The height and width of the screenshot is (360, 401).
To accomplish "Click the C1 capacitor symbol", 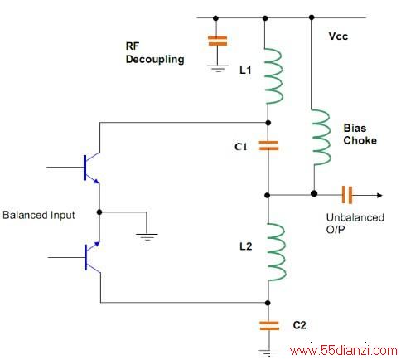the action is tap(268, 146).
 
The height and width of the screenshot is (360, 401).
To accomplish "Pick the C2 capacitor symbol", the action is tap(269, 326).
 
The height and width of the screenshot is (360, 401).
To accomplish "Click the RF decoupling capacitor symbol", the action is tap(217, 41).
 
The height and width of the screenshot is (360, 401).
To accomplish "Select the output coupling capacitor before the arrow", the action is tap(347, 195).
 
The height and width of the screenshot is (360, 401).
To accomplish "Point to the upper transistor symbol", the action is tap(92, 168).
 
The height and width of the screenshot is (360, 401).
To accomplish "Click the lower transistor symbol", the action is tap(92, 257).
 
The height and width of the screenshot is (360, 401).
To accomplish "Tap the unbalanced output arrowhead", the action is tap(379, 195).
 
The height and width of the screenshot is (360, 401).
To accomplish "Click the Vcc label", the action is tap(338, 36).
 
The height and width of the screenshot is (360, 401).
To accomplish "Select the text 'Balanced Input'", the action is tap(39, 215).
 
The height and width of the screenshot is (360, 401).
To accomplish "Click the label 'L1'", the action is tap(245, 70).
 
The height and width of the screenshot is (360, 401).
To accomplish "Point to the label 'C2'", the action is tap(299, 325).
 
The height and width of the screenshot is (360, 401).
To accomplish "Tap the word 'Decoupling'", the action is tap(155, 60).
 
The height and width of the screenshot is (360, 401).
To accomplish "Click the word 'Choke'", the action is tap(360, 140).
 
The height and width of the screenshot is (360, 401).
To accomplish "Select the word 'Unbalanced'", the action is tap(355, 217).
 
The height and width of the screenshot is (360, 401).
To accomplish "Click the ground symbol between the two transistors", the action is tap(147, 237).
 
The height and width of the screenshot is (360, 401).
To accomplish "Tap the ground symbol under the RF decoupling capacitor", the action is tap(218, 68).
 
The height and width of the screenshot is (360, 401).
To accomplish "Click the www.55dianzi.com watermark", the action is tap(344, 351).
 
